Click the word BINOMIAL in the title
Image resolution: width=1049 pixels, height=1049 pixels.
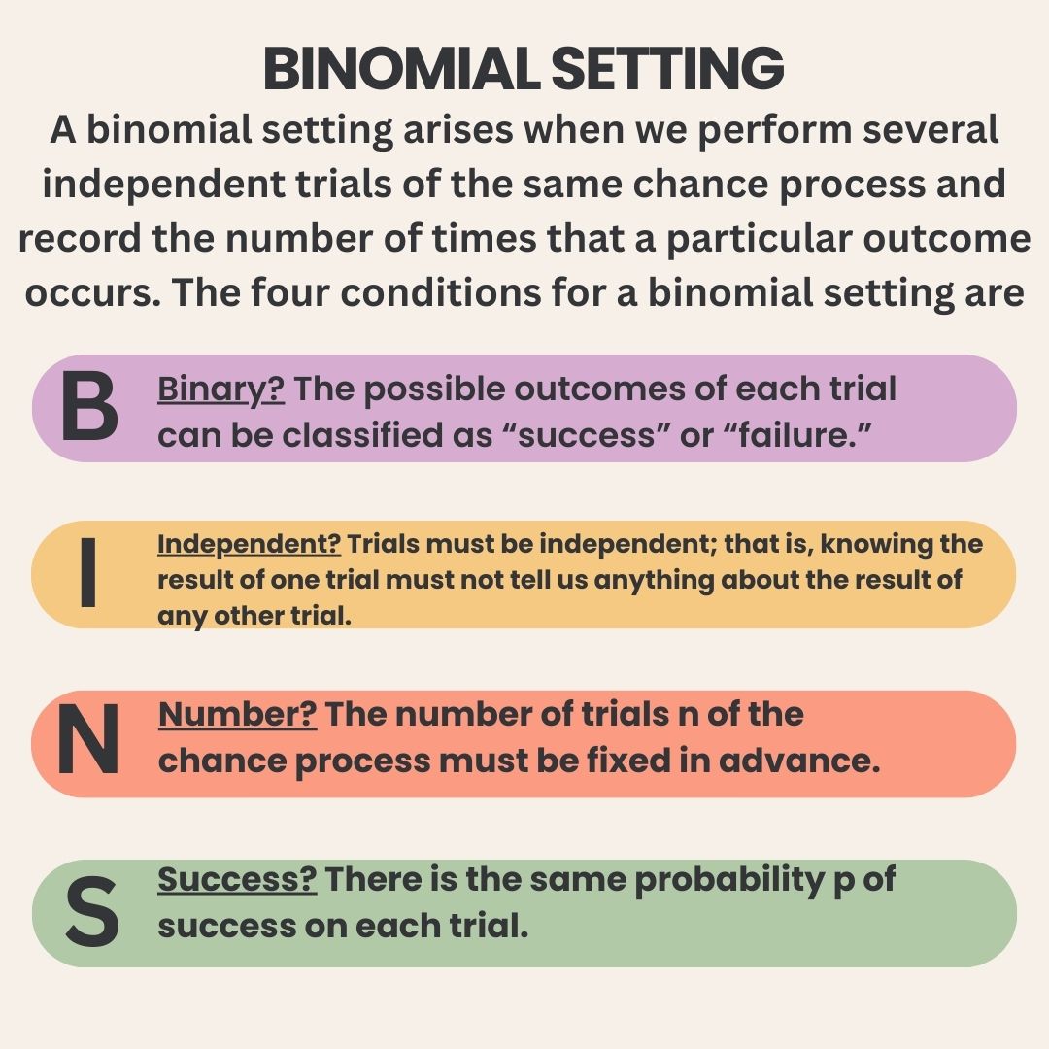click(401, 68)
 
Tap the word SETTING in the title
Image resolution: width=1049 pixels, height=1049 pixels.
click(667, 68)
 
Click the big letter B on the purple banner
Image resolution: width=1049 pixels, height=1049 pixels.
click(89, 407)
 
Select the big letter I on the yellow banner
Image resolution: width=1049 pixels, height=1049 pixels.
click(88, 572)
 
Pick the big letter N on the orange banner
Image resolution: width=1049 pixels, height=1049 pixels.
click(88, 739)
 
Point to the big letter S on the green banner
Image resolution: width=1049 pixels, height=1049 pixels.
click(92, 912)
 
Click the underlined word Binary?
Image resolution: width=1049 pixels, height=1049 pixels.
click(220, 390)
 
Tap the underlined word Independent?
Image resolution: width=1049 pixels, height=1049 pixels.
click(249, 545)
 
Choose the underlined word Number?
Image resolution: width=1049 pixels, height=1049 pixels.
click(238, 715)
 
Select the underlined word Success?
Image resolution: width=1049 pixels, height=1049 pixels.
click(237, 879)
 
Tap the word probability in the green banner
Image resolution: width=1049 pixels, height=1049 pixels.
click(729, 882)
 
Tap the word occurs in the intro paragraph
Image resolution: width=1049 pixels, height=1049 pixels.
click(92, 294)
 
